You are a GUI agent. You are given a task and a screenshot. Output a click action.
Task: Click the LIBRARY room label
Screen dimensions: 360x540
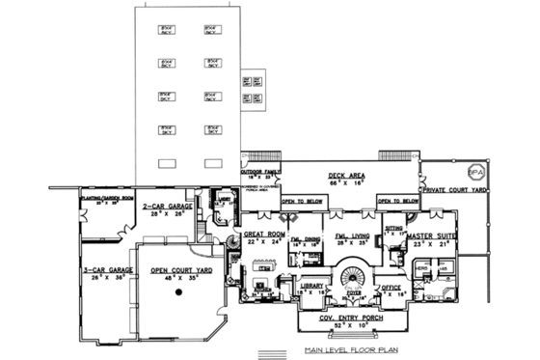click(x=311, y=287)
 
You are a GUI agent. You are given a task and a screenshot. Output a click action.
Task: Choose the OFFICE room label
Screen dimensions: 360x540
click(x=391, y=287)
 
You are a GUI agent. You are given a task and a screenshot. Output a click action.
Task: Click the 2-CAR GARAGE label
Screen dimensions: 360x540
click(x=170, y=208)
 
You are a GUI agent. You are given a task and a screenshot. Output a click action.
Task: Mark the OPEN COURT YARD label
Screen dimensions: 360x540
click(x=182, y=270)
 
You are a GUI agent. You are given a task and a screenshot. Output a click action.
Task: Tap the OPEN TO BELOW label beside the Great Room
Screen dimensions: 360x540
click(x=303, y=202)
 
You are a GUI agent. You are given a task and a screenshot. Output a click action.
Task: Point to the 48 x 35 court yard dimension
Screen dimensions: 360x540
click(x=182, y=278)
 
